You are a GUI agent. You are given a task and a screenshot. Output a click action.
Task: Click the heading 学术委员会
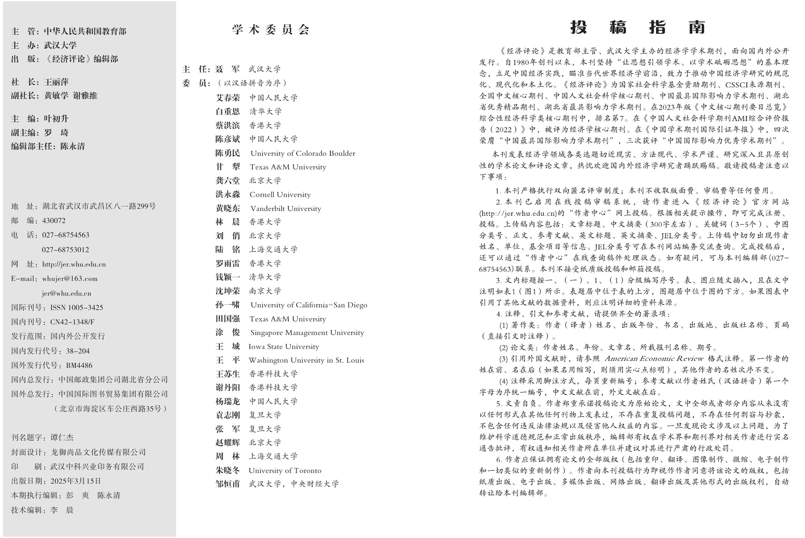point(271,29)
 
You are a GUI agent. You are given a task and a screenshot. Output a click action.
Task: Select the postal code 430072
point(54,221)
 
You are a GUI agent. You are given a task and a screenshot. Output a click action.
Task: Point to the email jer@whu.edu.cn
point(66,293)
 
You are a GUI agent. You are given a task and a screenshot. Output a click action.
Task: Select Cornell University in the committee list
point(280,195)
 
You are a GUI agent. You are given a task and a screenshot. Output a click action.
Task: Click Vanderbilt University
point(286,209)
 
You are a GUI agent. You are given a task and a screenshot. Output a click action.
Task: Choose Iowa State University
point(284,347)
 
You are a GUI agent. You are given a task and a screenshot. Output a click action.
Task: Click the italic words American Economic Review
point(654,358)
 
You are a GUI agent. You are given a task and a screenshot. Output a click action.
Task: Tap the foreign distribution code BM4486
point(79,365)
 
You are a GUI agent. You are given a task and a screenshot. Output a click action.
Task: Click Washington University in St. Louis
point(306,360)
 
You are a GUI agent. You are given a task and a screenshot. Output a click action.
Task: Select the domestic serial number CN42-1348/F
point(72,322)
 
